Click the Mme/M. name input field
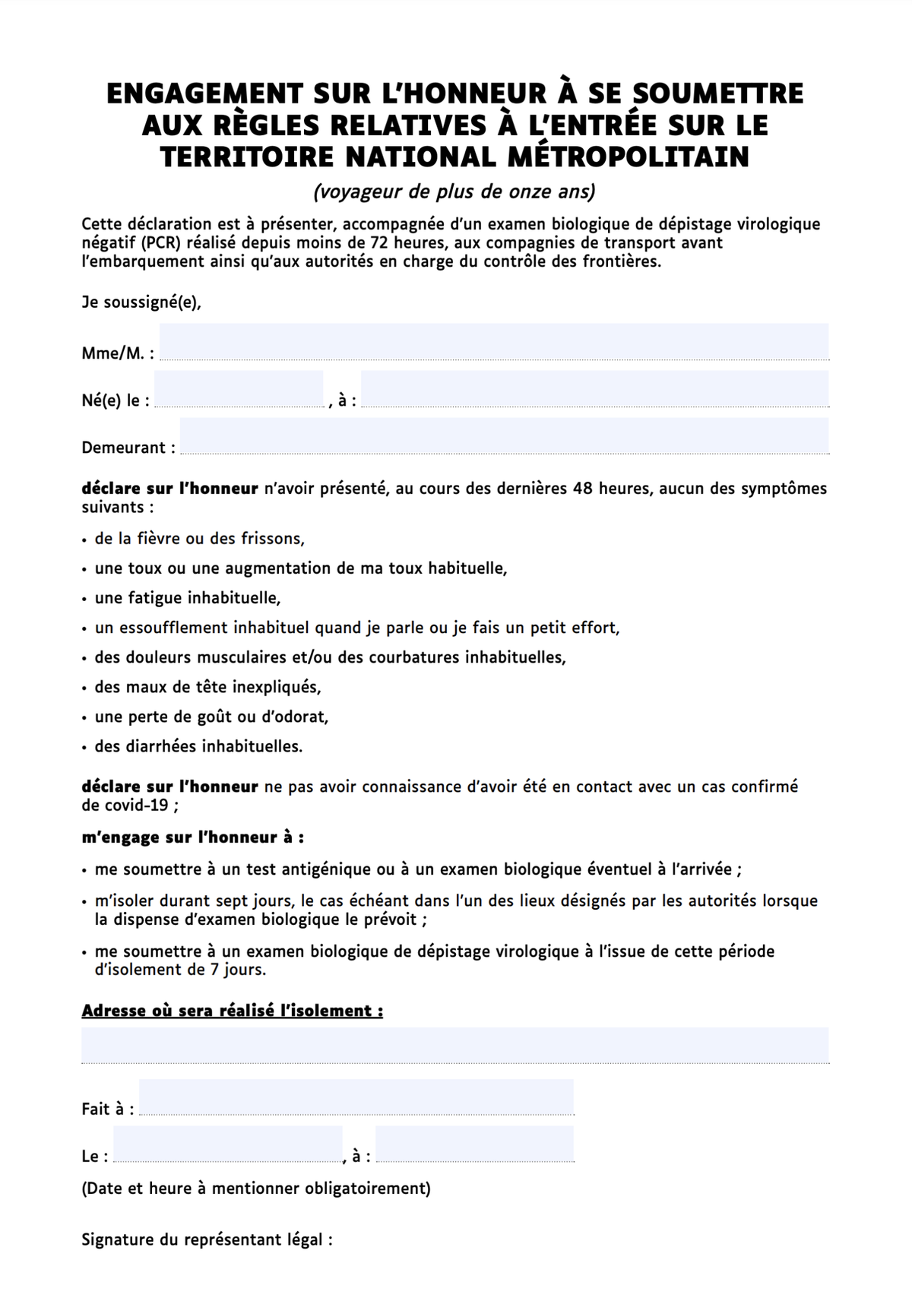coord(493,341)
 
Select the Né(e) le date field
coord(239,389)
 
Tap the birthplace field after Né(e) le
coord(594,389)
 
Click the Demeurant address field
coord(504,436)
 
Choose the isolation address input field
coord(454,1045)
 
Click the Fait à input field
coord(356,1097)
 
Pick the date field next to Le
coord(228,1144)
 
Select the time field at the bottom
coord(474,1144)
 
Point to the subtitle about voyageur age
coord(454,192)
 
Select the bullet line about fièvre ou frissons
coord(199,539)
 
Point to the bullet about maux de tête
coord(207,687)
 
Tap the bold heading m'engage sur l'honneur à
coord(193,837)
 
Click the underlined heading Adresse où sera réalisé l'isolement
coord(232,1011)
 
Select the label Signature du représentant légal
coord(207,1240)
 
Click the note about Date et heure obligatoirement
coord(256,1189)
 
